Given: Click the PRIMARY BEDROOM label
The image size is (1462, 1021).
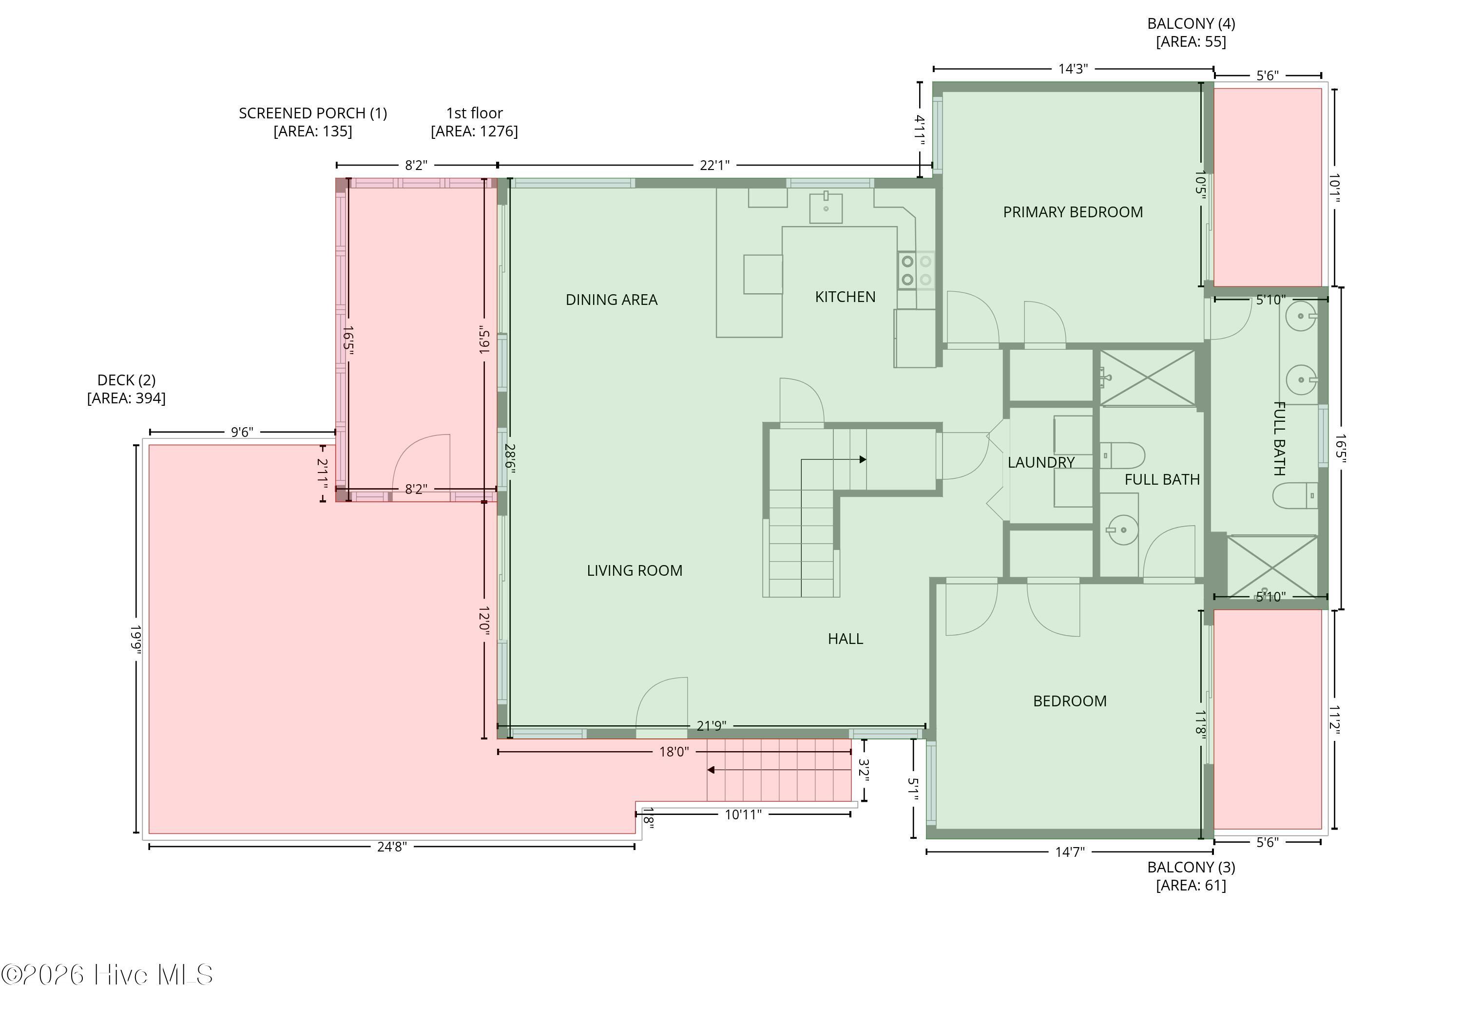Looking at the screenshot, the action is [1073, 212].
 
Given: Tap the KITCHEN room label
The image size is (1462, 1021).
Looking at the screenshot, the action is [845, 297].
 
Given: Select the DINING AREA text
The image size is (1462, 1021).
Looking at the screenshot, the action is [611, 300].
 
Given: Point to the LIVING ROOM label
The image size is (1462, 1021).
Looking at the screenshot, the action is [634, 570].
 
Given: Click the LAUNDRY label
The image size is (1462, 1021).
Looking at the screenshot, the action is [1041, 462].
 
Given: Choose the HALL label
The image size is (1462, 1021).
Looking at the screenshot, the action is [845, 639].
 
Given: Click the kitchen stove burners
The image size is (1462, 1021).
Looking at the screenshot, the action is [916, 270].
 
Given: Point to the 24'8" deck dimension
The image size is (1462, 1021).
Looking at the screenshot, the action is [392, 847].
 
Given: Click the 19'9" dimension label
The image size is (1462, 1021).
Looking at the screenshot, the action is [135, 639].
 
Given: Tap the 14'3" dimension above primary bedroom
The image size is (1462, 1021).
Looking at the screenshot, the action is [1073, 69].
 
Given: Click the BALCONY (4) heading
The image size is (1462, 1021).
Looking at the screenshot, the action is [1191, 23].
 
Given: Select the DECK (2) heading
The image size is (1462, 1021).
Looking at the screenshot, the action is [126, 380].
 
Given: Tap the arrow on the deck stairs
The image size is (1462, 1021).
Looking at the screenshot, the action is [779, 770].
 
